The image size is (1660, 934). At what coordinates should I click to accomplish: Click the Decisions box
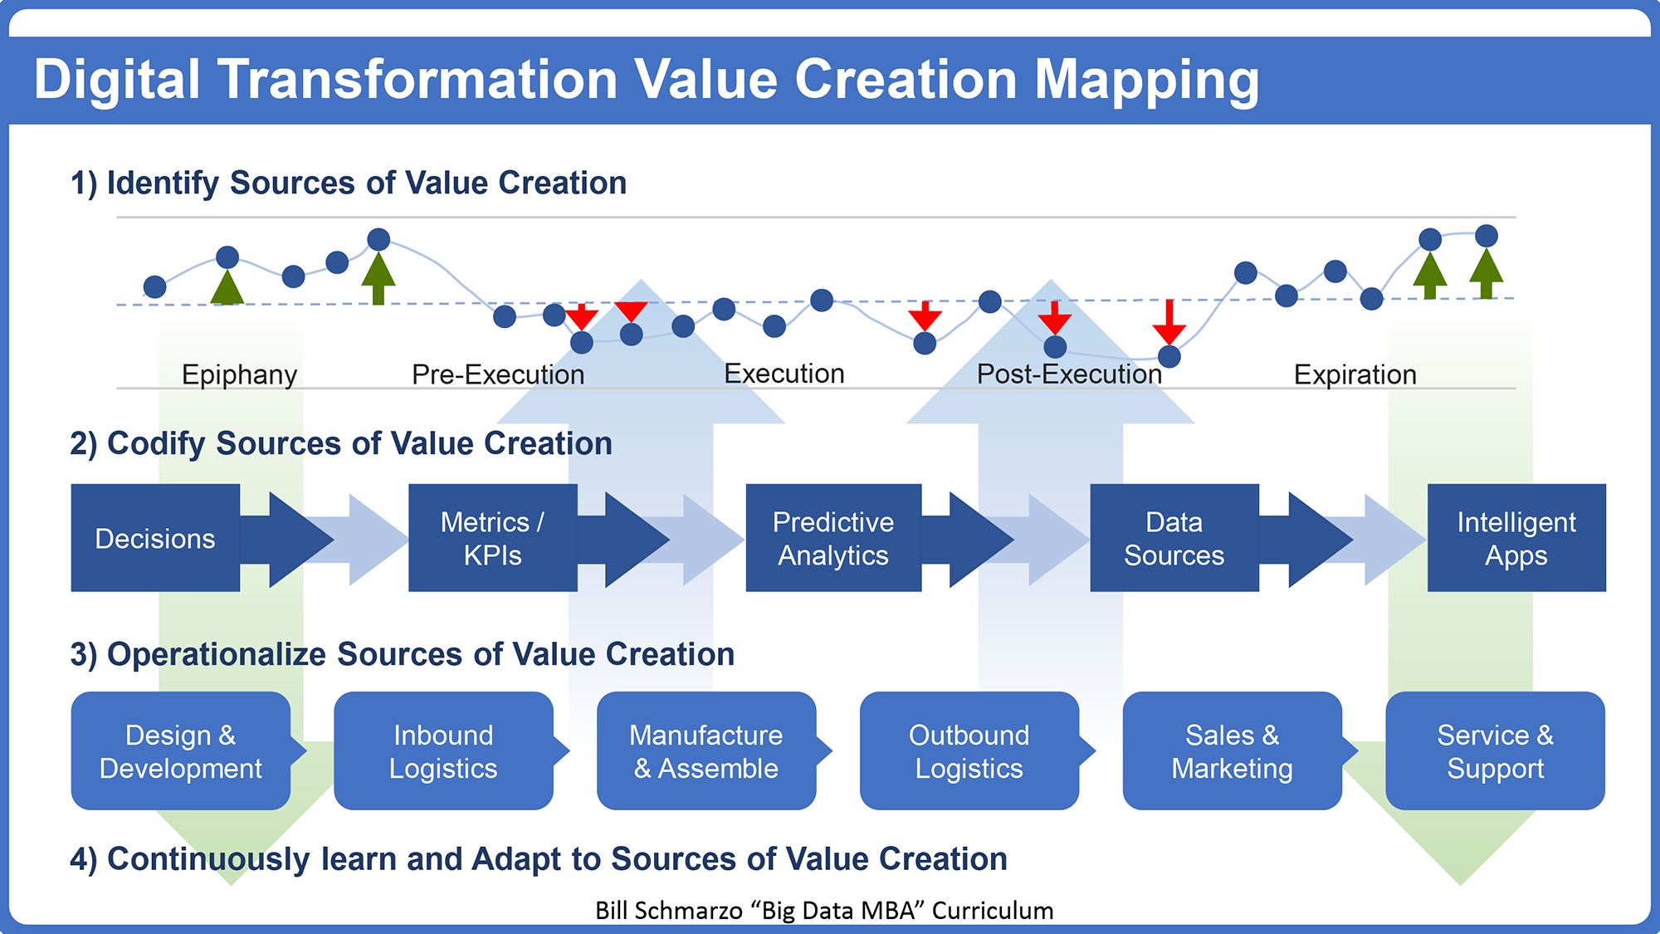[x=155, y=538]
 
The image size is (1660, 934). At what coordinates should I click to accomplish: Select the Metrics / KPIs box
[x=493, y=538]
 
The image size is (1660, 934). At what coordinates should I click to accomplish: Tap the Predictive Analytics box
[x=833, y=538]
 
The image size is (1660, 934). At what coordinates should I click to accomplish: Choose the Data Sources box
[x=1174, y=538]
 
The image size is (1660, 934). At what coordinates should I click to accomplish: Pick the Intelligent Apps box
[x=1516, y=538]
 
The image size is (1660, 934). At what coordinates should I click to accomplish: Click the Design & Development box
[x=181, y=751]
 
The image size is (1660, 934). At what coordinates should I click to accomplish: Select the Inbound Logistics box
[x=443, y=751]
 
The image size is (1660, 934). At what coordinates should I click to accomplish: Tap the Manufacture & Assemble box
[x=706, y=751]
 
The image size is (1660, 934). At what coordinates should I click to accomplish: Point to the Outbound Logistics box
[x=969, y=751]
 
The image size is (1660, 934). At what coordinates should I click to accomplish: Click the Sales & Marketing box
[x=1233, y=751]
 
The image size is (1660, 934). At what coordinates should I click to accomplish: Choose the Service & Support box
[x=1496, y=751]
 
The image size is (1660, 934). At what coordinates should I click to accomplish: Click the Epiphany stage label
[x=239, y=375]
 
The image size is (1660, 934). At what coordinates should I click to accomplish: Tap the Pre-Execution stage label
[x=498, y=374]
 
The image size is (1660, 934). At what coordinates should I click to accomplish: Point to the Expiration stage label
[x=1355, y=375]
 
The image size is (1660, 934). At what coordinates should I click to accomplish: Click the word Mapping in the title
[x=1147, y=81]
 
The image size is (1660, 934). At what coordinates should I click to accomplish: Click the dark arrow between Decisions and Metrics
[x=287, y=540]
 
